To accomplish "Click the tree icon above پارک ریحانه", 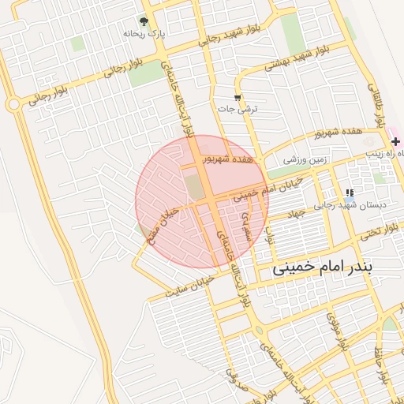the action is tap(144, 21).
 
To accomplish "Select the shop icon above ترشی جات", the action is tap(238, 97).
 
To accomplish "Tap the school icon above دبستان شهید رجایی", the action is tap(349, 193).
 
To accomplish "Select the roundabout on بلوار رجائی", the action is tap(13, 104).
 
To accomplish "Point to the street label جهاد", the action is tap(295, 213).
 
